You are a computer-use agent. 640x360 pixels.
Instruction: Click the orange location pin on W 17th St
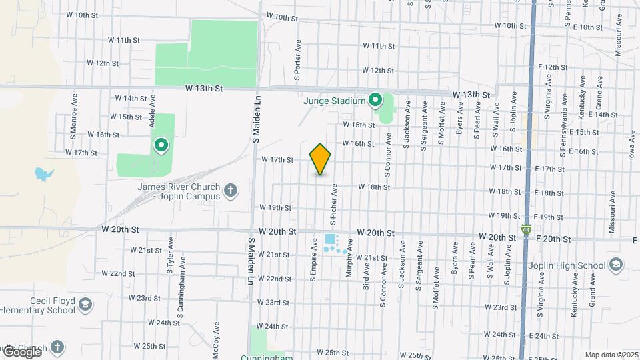coord(321,159)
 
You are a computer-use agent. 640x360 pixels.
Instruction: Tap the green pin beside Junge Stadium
coord(375,101)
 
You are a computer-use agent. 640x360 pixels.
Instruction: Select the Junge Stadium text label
coord(334,101)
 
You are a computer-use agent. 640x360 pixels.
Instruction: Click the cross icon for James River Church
coord(231,191)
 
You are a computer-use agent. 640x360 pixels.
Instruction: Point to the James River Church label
coord(179,191)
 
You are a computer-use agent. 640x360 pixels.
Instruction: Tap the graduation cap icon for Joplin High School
coord(615,264)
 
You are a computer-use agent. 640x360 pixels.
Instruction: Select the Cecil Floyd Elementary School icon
coord(85,305)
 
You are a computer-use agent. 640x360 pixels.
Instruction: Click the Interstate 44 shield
coord(527,230)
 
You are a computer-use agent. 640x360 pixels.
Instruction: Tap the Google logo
coord(21,351)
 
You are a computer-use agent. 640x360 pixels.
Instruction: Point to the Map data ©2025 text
coord(611,355)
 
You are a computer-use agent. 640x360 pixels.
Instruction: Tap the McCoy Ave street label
coord(216,337)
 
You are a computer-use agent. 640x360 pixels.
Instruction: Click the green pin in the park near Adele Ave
coord(161,144)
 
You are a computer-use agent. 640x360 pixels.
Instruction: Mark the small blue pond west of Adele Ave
coord(44,175)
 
